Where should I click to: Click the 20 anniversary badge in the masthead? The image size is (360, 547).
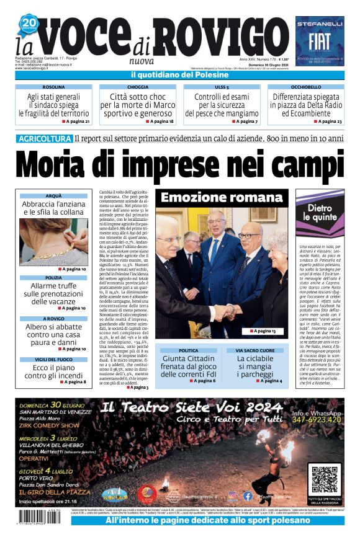coord(29,25)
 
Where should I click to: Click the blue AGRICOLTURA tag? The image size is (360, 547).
coord(45,138)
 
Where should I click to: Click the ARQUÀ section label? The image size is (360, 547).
coord(53,195)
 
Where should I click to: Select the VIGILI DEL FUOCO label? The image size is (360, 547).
coord(53,360)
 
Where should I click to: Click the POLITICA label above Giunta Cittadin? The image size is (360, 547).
coord(188,350)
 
